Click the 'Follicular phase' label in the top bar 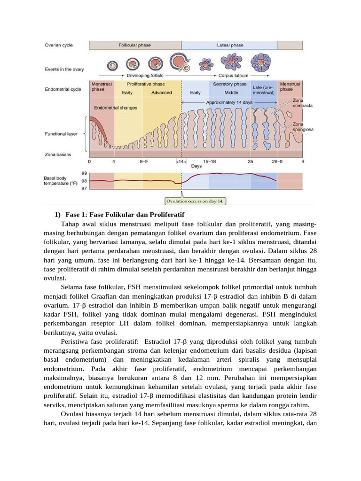134,46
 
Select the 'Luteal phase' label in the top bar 230,46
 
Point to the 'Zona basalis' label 58,154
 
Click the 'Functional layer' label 61,134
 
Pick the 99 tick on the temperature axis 84,173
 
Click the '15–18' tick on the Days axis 209,161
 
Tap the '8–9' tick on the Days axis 144,161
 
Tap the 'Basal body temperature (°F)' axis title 61,180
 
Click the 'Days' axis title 196,165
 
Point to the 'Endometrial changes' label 115,108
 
